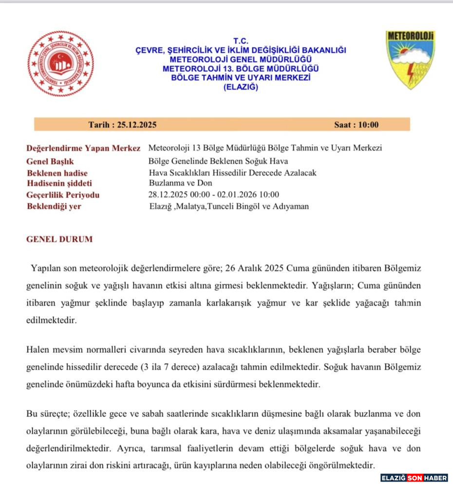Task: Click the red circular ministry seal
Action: (x=60, y=64)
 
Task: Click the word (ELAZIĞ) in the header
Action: (x=241, y=87)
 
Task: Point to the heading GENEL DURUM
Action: (x=59, y=239)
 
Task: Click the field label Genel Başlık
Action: (x=50, y=161)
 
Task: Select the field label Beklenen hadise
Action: (x=57, y=173)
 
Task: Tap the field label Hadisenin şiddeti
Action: (x=59, y=183)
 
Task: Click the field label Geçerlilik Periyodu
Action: (x=63, y=195)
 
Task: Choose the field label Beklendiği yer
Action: (x=54, y=206)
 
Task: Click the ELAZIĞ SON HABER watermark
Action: (x=414, y=478)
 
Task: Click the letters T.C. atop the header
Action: (x=241, y=41)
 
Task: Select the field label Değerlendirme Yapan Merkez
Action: (x=83, y=148)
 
